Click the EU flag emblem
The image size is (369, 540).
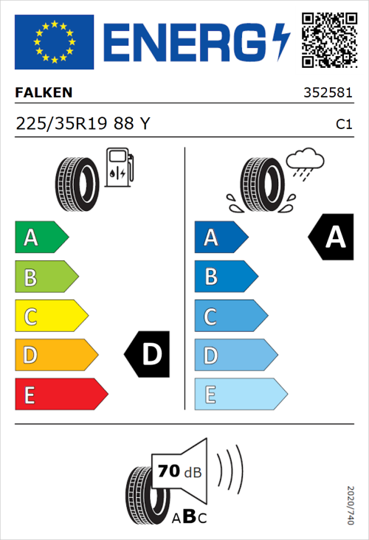[x=54, y=41]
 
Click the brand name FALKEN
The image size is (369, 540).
[x=44, y=94]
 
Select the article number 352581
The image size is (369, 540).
[x=328, y=94]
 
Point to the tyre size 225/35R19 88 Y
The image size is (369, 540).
[x=83, y=125]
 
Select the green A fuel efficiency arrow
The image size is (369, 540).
[x=41, y=238]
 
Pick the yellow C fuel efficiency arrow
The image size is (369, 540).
[x=50, y=316]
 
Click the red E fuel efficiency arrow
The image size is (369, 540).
[x=61, y=395]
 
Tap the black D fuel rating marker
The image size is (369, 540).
[x=148, y=355]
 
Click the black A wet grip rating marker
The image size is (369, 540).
[x=332, y=238]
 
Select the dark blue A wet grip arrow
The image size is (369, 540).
[x=220, y=238]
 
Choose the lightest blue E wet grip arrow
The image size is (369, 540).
[x=240, y=395]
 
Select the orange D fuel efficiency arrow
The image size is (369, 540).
[x=55, y=356]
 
